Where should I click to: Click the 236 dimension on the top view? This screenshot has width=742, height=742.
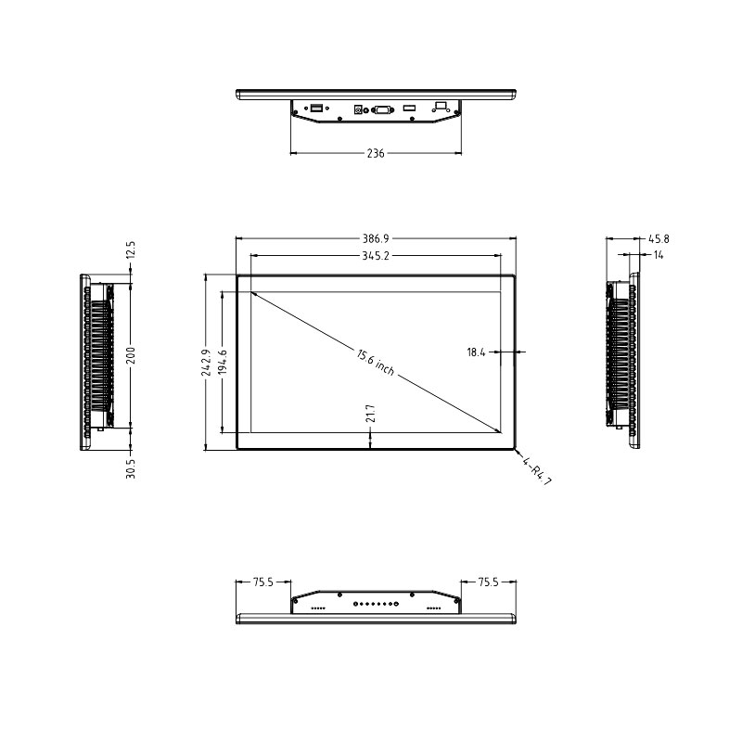point(376,153)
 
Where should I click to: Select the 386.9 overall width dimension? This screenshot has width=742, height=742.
point(376,238)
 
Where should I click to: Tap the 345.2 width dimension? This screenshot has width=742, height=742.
point(376,255)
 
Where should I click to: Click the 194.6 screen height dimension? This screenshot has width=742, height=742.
point(223,362)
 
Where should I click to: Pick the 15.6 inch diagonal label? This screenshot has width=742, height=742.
point(375,362)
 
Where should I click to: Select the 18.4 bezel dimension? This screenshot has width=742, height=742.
point(477,352)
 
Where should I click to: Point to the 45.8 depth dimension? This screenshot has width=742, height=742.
point(659,238)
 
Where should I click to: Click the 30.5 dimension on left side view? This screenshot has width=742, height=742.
point(131,468)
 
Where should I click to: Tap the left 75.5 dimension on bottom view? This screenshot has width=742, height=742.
point(263,582)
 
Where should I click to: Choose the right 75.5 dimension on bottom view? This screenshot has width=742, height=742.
point(489,582)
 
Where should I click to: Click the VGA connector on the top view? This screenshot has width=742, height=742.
point(381,110)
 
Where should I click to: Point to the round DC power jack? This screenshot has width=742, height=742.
point(358,110)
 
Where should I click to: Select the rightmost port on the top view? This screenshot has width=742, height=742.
point(441,107)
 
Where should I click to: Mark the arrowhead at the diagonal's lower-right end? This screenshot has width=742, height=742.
point(499,430)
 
